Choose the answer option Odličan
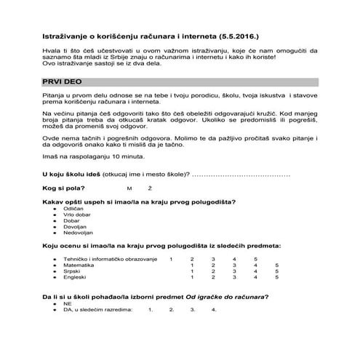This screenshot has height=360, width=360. pyautogui.click(x=73, y=208)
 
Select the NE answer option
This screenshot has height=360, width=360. pyautogui.click(x=67, y=303)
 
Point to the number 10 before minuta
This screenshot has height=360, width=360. pyautogui.click(x=103, y=156)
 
